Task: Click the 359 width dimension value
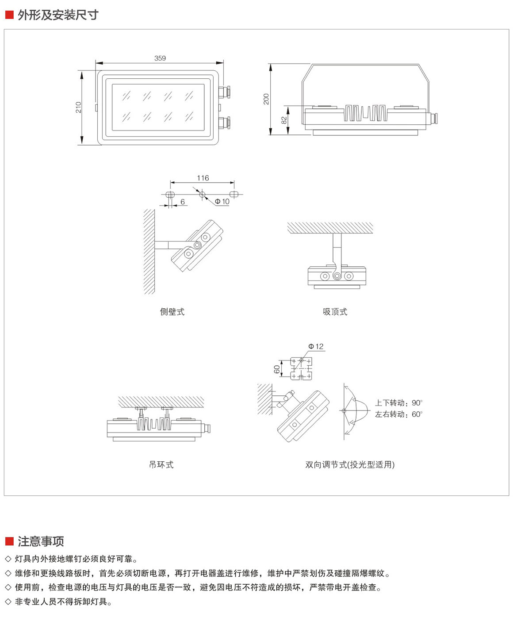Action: (x=160, y=58)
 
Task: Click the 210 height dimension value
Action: (x=79, y=107)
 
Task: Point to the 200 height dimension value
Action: (x=266, y=99)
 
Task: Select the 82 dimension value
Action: (x=284, y=120)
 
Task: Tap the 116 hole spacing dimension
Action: (x=203, y=178)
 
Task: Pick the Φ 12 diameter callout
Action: (x=316, y=346)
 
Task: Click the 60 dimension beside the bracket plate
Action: (x=277, y=369)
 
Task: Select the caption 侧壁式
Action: (x=172, y=312)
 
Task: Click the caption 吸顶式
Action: (x=335, y=312)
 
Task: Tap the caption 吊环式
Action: (x=161, y=464)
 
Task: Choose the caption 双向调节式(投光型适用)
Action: (x=350, y=464)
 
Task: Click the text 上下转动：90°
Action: (x=398, y=403)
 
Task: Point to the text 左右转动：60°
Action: (x=398, y=414)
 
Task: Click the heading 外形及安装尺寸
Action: (x=58, y=15)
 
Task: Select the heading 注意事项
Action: (x=41, y=541)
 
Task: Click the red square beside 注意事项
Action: (x=9, y=541)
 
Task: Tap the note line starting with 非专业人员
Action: (x=63, y=602)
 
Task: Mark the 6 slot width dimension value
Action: (x=183, y=202)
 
